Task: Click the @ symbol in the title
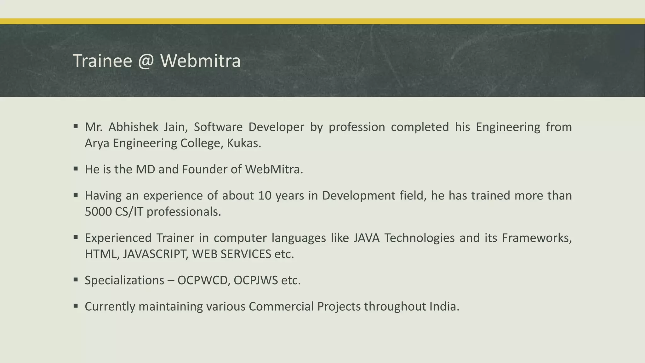click(x=146, y=61)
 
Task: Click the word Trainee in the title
click(x=102, y=61)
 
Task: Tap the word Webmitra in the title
click(x=201, y=61)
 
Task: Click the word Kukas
click(x=244, y=143)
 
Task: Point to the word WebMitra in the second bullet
click(x=274, y=170)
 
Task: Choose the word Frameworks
click(x=537, y=238)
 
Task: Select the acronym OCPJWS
click(x=256, y=280)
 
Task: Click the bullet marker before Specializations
click(x=76, y=279)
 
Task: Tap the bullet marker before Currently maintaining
click(x=76, y=306)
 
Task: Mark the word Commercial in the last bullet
click(x=281, y=307)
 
